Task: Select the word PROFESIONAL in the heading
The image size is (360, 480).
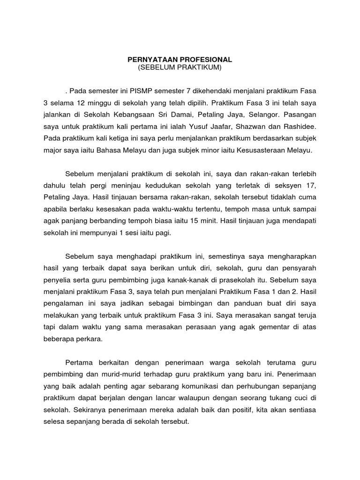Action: pos(206,60)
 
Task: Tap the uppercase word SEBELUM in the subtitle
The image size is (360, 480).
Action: pos(157,68)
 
